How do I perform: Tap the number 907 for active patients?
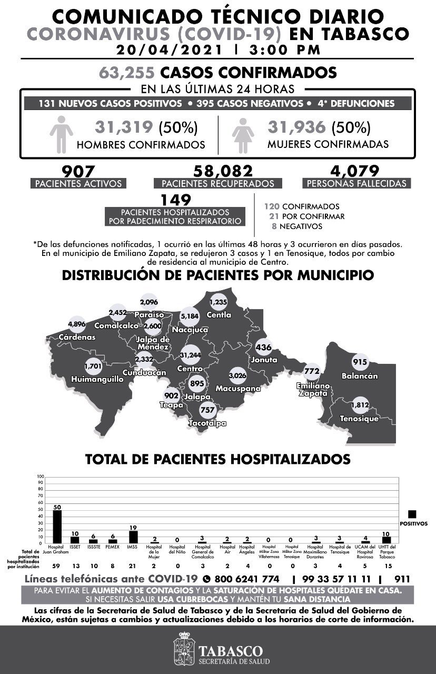pyautogui.click(x=78, y=172)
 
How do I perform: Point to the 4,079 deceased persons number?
pyautogui.click(x=356, y=172)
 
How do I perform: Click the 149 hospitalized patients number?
pyautogui.click(x=175, y=200)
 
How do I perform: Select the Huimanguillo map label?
pyautogui.click(x=104, y=379)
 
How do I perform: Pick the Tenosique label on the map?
pyautogui.click(x=359, y=419)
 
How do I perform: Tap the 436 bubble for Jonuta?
pyautogui.click(x=263, y=348)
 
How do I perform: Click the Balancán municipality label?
pyautogui.click(x=360, y=376)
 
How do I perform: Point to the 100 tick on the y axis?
pyautogui.click(x=40, y=477)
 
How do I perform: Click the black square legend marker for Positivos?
pyautogui.click(x=412, y=514)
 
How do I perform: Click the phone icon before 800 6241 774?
pyautogui.click(x=206, y=579)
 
